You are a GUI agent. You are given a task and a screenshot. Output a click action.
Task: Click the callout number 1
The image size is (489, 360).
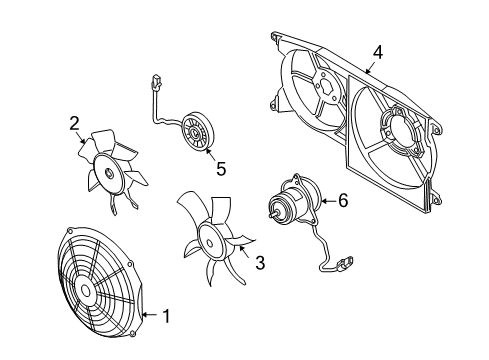click(166, 316)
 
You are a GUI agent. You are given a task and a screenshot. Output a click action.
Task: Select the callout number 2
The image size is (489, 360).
click(74, 123)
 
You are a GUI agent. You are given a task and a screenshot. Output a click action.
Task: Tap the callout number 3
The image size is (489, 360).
click(260, 263)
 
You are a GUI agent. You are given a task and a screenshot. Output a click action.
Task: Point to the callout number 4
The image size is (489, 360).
click(378, 53)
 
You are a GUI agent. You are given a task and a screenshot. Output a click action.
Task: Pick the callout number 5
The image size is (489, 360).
click(221, 168)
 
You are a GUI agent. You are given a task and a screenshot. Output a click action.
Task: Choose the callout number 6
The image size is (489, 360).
click(343, 200)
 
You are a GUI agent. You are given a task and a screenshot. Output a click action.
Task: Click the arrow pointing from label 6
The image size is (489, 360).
click(329, 201)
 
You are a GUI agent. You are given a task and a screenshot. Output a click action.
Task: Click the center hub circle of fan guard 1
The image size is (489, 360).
click(86, 291)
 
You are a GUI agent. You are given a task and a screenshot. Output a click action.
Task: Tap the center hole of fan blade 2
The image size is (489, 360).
click(109, 173)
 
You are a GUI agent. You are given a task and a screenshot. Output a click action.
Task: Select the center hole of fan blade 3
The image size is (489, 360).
click(209, 242)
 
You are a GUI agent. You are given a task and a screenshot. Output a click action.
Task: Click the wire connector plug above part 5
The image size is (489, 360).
click(156, 82)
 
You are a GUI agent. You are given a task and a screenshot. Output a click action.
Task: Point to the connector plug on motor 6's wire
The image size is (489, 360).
click(345, 262)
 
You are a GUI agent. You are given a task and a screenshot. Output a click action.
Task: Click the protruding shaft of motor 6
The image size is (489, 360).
click(273, 215)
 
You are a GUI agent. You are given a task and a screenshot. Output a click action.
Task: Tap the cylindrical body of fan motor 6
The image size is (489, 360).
click(287, 203)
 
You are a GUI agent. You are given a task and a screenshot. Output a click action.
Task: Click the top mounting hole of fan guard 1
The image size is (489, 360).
click(70, 231)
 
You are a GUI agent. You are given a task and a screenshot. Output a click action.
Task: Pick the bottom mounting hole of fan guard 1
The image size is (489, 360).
click(133, 334)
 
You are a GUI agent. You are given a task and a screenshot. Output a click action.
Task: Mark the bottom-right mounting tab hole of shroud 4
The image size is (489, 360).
click(435, 201)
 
